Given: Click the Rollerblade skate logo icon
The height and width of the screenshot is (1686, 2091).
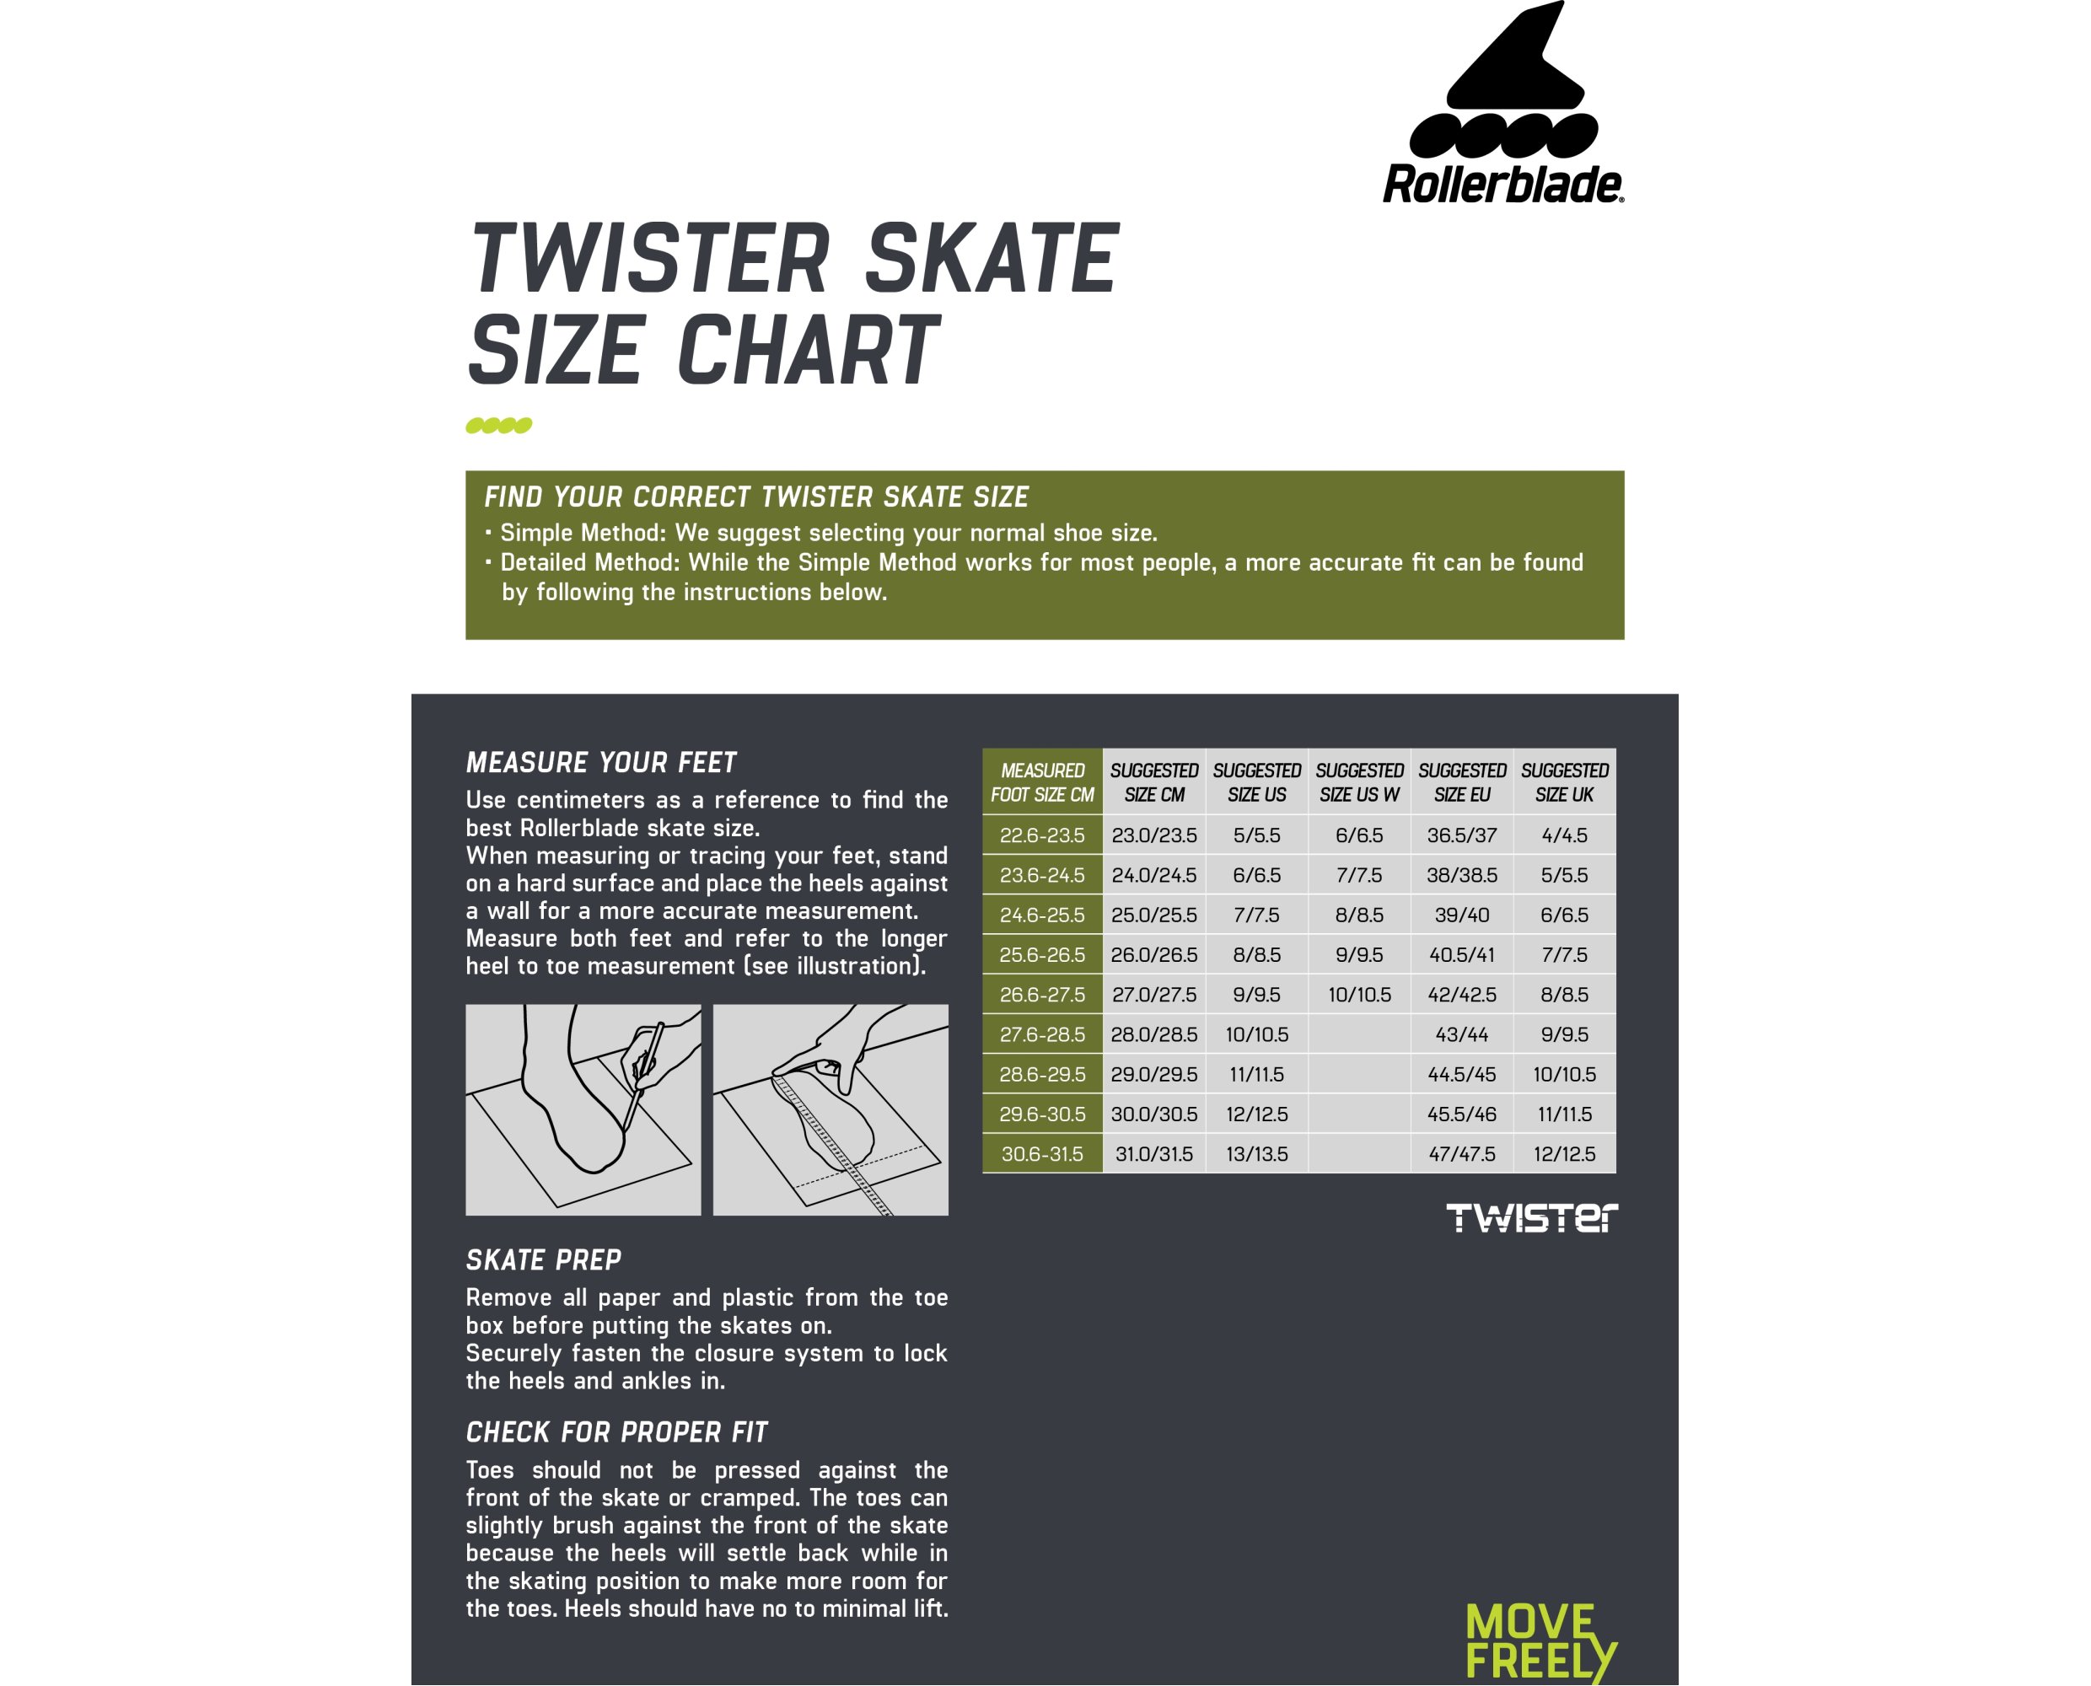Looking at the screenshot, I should [x=1502, y=83].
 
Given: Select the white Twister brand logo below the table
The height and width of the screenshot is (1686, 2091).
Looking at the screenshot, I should [x=1532, y=1218].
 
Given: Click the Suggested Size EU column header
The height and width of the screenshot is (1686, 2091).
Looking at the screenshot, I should [x=1462, y=781].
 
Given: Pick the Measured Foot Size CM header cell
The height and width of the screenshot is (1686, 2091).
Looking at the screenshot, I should [x=1042, y=781].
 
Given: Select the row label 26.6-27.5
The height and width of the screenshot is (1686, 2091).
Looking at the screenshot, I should [x=1042, y=995].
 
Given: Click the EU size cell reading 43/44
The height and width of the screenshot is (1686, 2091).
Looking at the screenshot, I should [x=1462, y=1034].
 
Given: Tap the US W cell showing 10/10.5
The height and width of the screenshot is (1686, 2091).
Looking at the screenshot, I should [x=1358, y=995].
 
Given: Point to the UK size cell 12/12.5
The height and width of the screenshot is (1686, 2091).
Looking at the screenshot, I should [x=1565, y=1154].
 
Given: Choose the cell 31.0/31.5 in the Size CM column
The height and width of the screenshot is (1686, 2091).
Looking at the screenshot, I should [x=1153, y=1154].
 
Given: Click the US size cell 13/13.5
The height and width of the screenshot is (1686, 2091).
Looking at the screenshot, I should [x=1257, y=1154].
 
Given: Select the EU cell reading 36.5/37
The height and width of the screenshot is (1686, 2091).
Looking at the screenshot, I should [x=1462, y=835].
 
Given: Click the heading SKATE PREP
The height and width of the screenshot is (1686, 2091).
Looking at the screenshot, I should [x=543, y=1259].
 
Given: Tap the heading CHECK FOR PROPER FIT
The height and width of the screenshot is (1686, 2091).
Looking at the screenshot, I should [x=616, y=1431].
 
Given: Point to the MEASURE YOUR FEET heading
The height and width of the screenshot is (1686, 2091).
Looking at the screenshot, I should [x=601, y=762].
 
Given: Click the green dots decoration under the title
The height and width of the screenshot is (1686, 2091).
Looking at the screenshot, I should [x=499, y=426].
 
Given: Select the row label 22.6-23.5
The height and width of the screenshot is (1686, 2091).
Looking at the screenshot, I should [x=1042, y=835].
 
